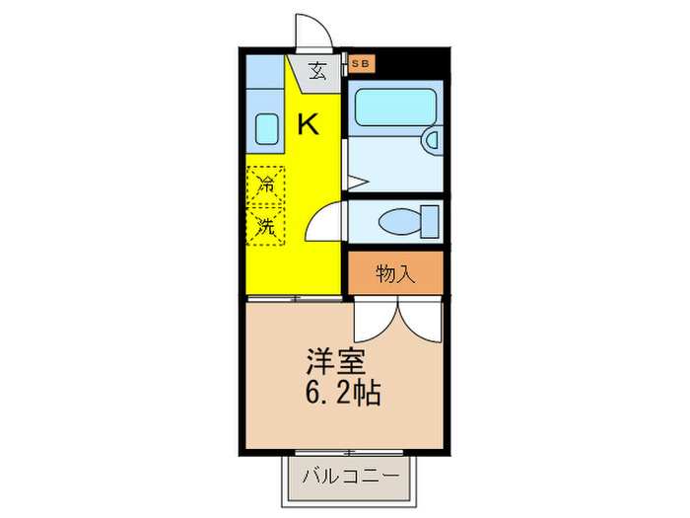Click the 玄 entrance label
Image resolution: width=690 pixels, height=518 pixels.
(x=317, y=71)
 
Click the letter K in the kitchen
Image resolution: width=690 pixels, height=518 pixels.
(x=309, y=125)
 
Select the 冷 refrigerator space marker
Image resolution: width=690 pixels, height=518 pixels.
(x=265, y=184)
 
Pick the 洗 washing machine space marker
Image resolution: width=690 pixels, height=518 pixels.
(x=265, y=225)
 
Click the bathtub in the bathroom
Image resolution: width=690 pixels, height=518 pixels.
(x=395, y=107)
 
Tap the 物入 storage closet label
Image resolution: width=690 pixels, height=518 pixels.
(x=394, y=273)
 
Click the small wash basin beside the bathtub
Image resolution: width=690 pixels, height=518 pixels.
(x=432, y=140)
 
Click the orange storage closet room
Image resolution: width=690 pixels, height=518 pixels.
(x=394, y=273)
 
